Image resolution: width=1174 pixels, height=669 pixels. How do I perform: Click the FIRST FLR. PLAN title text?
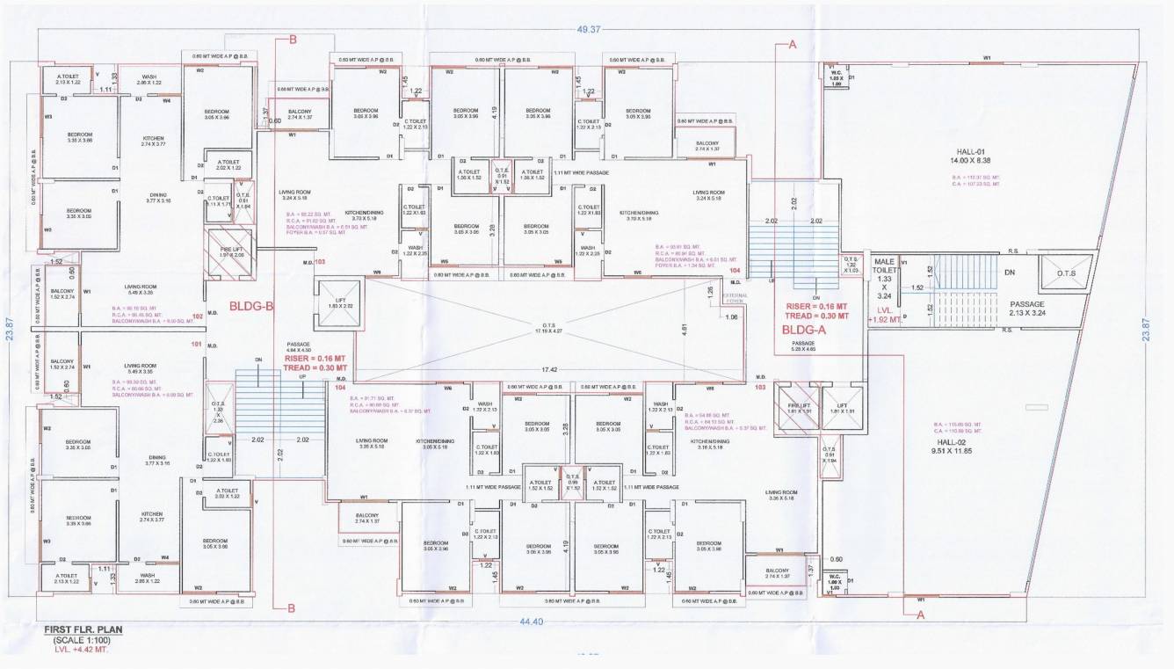[84, 630]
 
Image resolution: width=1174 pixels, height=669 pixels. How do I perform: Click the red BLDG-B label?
[251, 307]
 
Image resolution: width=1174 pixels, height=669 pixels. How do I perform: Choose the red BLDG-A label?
[804, 331]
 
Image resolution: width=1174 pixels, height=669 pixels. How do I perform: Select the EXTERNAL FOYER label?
[734, 297]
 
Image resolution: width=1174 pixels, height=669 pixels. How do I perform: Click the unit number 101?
[195, 344]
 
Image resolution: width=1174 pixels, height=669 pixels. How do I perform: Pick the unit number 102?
[198, 316]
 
